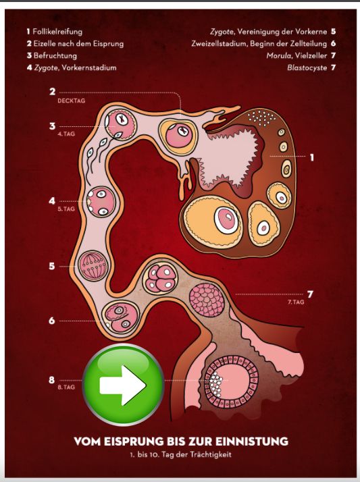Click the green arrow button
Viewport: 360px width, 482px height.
(124, 385)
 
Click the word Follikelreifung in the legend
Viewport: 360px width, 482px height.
(57, 32)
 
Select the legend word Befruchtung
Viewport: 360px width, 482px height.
(55, 55)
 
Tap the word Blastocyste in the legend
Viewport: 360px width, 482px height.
(307, 68)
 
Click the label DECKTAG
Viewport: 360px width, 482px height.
(72, 101)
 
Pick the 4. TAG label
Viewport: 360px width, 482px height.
(66, 134)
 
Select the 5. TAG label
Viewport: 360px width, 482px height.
(66, 209)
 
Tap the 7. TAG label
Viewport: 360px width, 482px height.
(296, 302)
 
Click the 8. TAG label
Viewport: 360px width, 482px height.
(66, 387)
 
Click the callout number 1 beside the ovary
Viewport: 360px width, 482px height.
(312, 158)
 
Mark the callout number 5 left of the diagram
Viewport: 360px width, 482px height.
(52, 266)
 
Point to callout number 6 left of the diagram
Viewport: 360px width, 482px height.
(52, 321)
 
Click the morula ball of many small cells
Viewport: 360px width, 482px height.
(207, 300)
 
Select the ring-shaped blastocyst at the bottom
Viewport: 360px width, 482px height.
(231, 382)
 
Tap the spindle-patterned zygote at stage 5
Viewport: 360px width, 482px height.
(93, 266)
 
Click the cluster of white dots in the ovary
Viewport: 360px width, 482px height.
(262, 118)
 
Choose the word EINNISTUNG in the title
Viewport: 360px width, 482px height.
(251, 441)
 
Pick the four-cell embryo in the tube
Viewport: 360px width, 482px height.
(161, 278)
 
